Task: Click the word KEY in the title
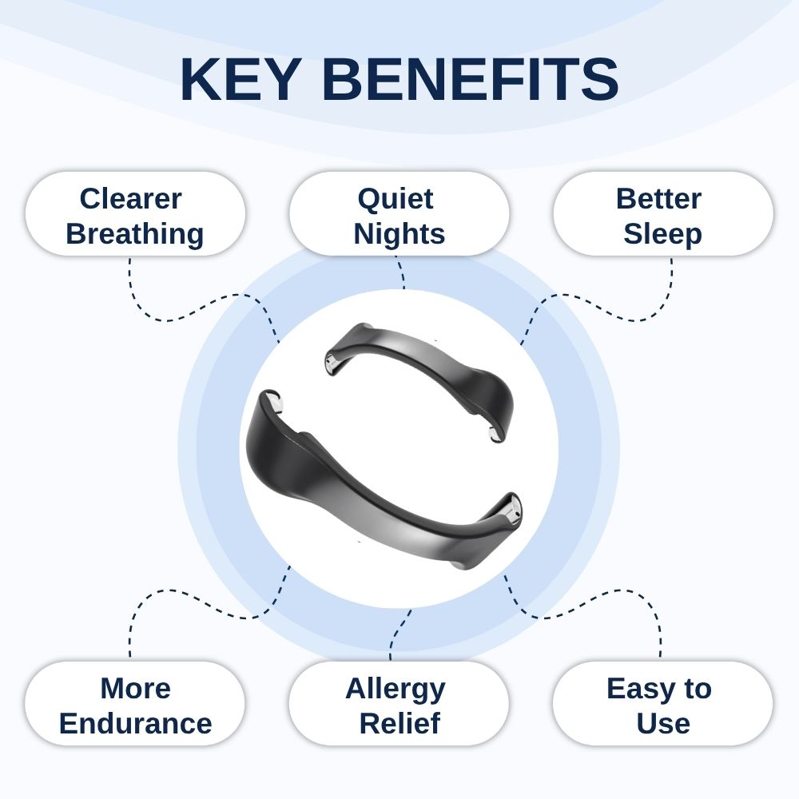240,79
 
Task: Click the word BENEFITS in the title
471,79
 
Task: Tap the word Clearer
130,198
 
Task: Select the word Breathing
135,234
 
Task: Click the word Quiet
396,198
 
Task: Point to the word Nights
399,234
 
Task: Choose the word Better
659,198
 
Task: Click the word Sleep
663,234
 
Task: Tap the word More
136,689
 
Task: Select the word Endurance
136,724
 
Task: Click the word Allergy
396,690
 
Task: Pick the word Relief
399,724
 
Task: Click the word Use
663,724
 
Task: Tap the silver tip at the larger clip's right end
511,512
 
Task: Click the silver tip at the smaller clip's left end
330,363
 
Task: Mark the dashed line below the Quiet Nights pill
400,272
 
